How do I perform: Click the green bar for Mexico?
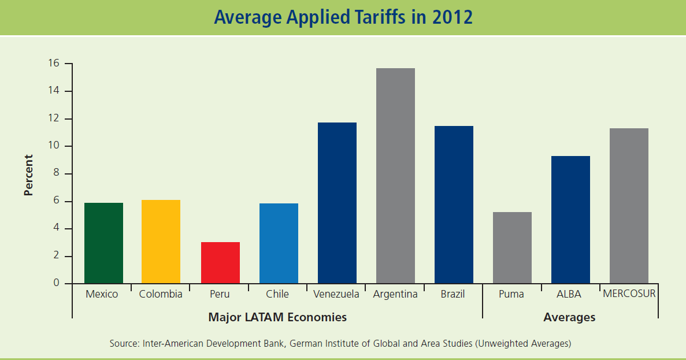point(103,243)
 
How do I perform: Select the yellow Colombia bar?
point(161,242)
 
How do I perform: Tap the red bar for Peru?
point(220,262)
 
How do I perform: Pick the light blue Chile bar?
point(279,243)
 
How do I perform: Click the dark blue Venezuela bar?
point(337,203)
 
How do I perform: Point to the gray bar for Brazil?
point(454,205)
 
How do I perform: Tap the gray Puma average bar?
point(512,247)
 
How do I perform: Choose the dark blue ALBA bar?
point(570,220)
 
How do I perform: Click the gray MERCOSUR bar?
point(629,206)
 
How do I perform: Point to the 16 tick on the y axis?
point(54,64)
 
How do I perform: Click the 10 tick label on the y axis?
point(54,146)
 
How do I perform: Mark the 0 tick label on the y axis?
point(57,283)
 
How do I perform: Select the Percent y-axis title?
point(28,175)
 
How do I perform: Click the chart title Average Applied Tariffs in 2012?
point(343,17)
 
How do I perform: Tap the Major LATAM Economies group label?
point(277,317)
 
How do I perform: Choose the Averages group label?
point(569,317)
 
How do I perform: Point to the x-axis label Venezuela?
point(336,294)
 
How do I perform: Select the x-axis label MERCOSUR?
point(629,294)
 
